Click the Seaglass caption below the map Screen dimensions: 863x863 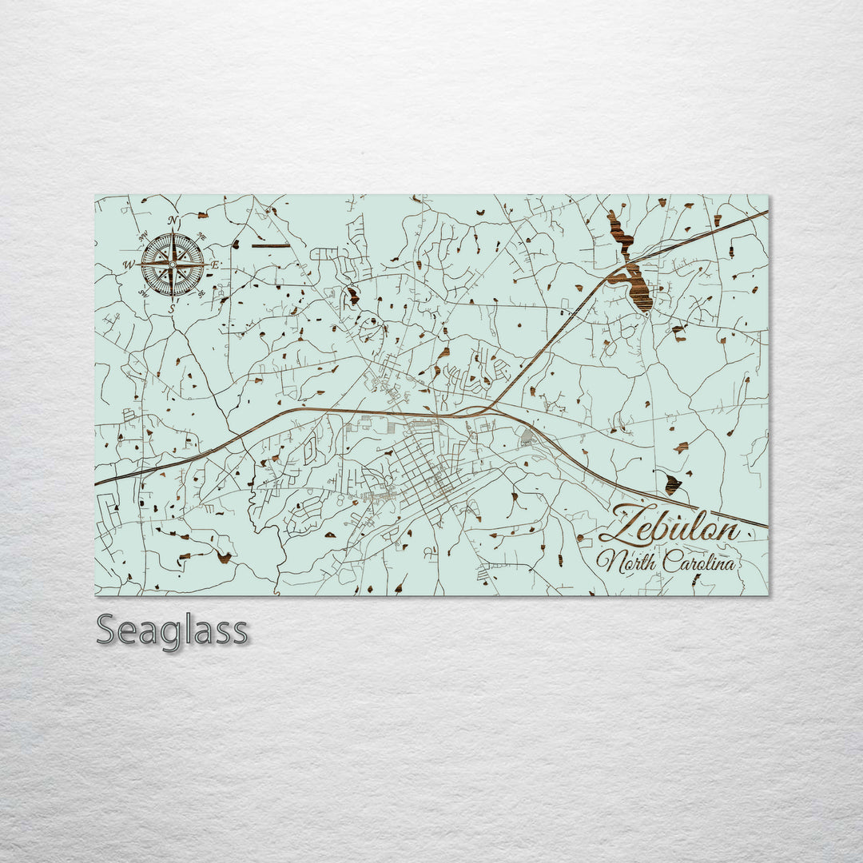click(x=172, y=630)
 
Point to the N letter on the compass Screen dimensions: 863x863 click(x=173, y=221)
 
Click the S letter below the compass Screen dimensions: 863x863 click(x=172, y=304)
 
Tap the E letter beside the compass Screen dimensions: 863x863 click(x=215, y=264)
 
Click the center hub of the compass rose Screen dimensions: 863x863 click(x=172, y=263)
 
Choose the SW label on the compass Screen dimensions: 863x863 click(x=144, y=292)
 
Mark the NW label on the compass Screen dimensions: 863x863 click(x=144, y=236)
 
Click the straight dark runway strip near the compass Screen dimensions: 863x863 click(x=270, y=245)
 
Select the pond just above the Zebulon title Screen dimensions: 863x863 click(x=672, y=483)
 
